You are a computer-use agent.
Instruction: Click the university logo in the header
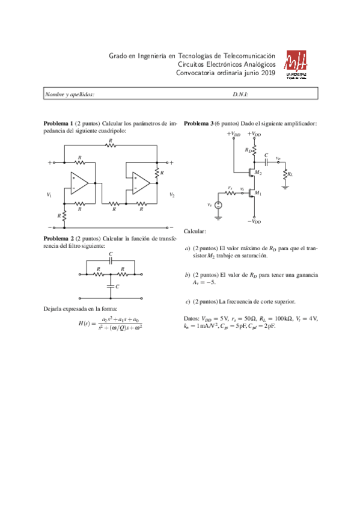[297, 65]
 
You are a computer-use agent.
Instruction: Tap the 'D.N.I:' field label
[240, 94]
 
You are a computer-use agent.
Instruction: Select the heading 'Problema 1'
[58, 123]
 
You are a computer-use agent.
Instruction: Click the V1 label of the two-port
[49, 195]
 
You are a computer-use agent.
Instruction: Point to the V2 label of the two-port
[172, 195]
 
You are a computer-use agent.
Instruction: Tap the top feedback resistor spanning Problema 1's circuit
[109, 146]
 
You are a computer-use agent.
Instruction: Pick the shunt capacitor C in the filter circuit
[111, 287]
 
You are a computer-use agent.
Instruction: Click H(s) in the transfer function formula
[88, 324]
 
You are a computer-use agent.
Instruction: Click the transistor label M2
[258, 173]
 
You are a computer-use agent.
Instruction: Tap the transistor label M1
[258, 193]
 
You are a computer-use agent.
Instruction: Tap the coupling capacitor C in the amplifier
[266, 161]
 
